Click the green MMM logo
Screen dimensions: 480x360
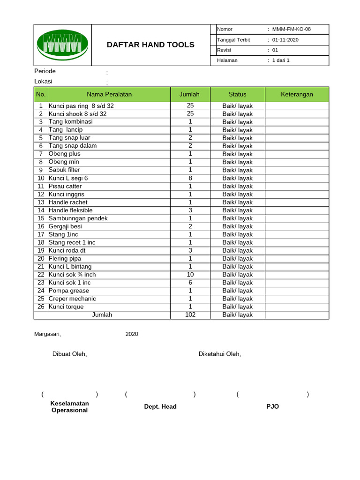62,45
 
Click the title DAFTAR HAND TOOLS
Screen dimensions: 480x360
150,45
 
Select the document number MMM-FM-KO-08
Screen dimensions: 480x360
291,29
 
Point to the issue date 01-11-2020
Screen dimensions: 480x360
285,40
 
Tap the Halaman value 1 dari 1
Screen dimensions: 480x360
281,60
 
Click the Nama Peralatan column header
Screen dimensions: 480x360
109,94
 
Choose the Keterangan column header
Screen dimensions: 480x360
297,94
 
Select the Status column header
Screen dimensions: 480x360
237,94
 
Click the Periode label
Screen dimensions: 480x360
45,71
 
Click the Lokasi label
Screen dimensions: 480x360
44,82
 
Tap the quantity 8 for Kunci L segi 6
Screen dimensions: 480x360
190,178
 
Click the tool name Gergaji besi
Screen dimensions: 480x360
65,226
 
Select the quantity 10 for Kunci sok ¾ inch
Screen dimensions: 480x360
190,275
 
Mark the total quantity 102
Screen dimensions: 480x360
190,315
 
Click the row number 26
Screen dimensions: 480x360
41,307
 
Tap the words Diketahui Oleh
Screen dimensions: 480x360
219,354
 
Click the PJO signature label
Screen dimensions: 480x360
272,406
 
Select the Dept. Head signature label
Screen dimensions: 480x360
160,406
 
